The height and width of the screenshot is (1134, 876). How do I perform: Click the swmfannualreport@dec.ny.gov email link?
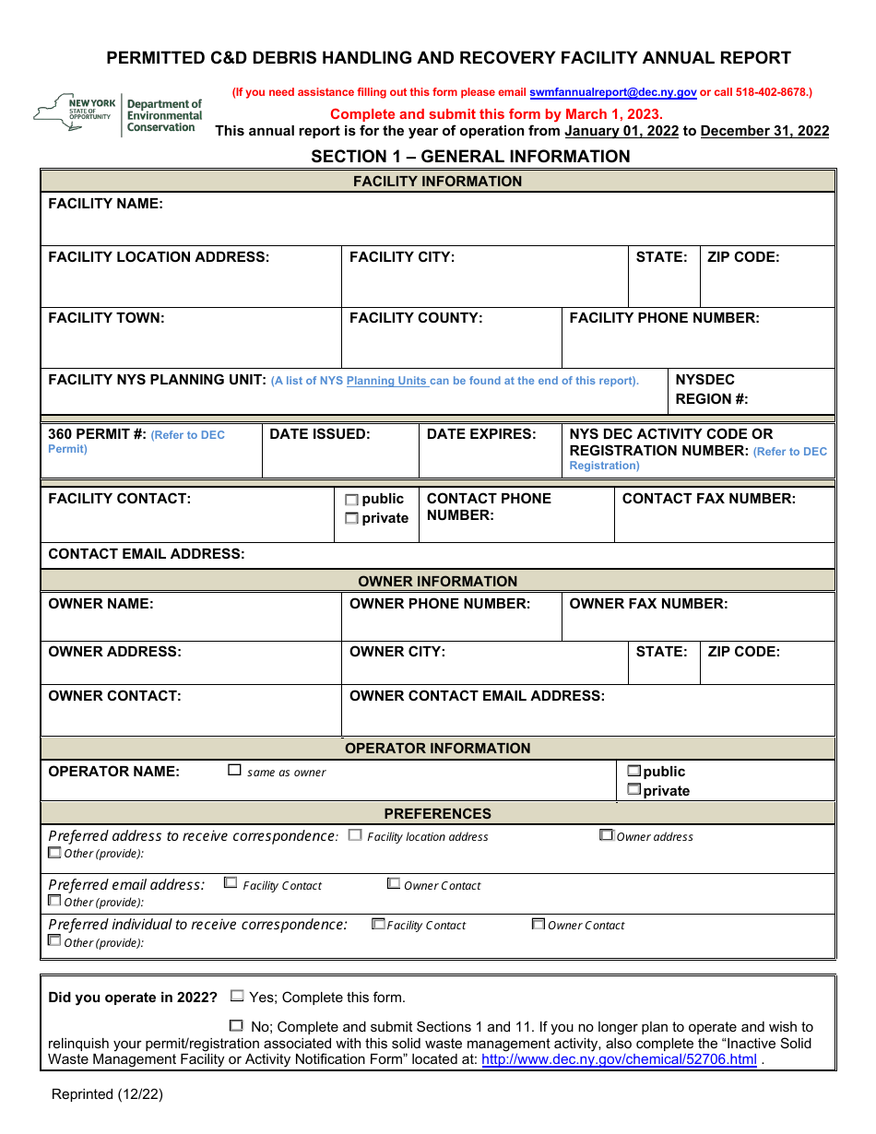coord(612,92)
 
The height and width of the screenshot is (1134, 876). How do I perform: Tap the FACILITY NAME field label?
coord(105,204)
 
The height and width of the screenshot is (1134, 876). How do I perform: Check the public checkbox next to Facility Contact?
coord(351,500)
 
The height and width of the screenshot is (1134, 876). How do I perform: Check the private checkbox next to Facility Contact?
coord(351,519)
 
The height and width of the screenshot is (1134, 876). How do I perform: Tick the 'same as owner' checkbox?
coord(235,771)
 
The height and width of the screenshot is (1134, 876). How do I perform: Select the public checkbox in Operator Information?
coord(633,771)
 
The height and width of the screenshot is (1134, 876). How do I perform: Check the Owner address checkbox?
coord(606,835)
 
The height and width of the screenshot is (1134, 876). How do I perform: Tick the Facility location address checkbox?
coord(355,835)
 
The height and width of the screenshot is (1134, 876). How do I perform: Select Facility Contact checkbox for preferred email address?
coord(231,883)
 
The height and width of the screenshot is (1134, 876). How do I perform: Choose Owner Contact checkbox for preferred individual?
coord(538,924)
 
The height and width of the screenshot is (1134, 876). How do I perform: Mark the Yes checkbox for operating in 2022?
coord(237,997)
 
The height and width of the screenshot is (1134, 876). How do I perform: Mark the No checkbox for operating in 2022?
coord(237,1025)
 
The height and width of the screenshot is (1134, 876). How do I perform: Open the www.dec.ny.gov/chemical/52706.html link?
coord(619,1059)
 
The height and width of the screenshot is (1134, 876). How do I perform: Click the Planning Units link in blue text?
coord(386,381)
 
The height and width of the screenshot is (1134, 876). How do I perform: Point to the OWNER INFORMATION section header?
coord(438,581)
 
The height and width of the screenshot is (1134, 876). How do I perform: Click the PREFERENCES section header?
coord(438,813)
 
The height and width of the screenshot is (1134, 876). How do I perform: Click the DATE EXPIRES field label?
coord(480,434)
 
